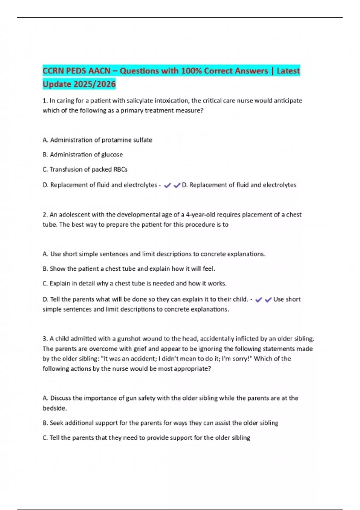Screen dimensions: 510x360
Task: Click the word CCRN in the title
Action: [53, 71]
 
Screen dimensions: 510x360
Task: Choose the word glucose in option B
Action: [112, 155]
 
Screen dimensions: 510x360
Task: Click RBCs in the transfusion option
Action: [120, 169]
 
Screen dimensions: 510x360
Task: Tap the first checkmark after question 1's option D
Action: [167, 185]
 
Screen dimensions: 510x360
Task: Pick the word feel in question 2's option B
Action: [208, 269]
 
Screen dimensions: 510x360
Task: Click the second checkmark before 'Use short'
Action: [268, 300]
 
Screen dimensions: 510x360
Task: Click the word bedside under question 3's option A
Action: [54, 408]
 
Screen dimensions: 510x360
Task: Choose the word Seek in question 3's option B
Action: [56, 423]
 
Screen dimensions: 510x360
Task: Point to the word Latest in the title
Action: [288, 71]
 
